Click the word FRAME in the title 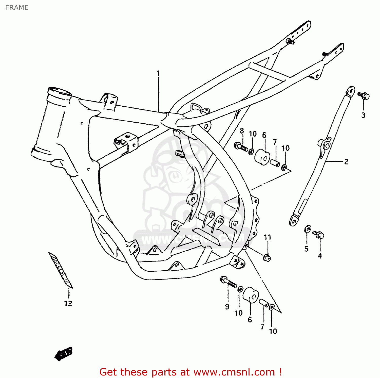click(x=17, y=8)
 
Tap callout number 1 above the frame click(x=158, y=73)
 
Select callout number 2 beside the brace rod click(x=346, y=161)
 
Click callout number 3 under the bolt click(x=363, y=115)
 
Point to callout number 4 click(x=320, y=256)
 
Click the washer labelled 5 click(x=308, y=229)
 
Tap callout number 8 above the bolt click(x=242, y=131)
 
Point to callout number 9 click(x=227, y=306)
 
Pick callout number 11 click(x=267, y=237)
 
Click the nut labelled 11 click(x=267, y=258)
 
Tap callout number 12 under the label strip click(x=68, y=303)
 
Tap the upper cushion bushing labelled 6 click(x=262, y=157)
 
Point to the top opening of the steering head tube click(x=59, y=91)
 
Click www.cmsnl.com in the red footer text click(x=234, y=372)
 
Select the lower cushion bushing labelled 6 click(x=251, y=295)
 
